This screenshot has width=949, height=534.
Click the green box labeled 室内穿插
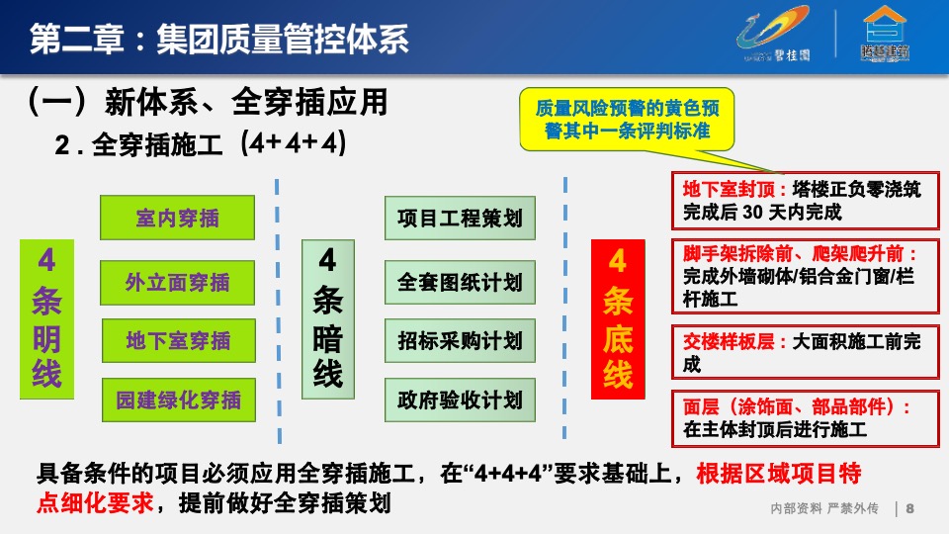pos(177,218)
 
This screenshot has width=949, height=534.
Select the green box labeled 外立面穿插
pos(177,283)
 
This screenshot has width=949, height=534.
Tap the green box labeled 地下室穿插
pos(177,341)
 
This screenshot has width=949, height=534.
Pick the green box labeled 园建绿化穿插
pos(177,400)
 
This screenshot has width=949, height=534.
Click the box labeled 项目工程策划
pos(460,218)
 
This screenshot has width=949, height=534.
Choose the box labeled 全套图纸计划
pos(460,282)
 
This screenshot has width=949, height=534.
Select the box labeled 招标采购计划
pos(460,340)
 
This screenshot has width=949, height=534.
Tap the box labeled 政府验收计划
pos(460,400)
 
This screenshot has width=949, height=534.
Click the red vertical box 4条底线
pos(618,319)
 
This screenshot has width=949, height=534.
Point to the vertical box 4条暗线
pos(328,319)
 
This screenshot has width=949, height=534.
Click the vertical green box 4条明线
pos(46,319)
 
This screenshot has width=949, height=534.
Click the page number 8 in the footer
pos(909,508)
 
